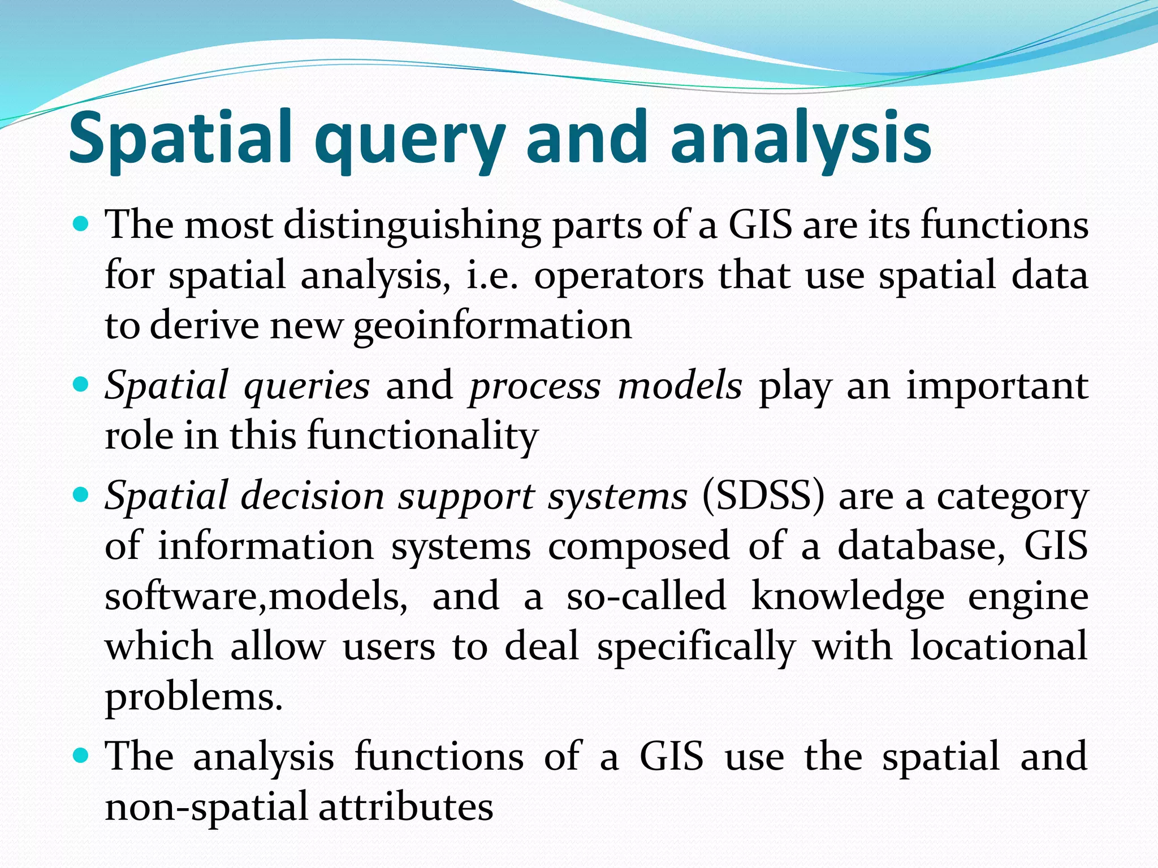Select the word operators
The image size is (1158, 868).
click(x=619, y=276)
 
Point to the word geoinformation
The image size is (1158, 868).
click(x=492, y=327)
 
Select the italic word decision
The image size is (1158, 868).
click(x=313, y=497)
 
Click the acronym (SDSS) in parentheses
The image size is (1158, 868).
click(x=763, y=497)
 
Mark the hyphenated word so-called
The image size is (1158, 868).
click(x=646, y=596)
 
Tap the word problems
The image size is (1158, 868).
click(x=193, y=697)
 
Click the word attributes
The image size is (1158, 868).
click(x=405, y=807)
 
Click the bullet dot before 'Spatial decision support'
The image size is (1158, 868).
click(x=82, y=496)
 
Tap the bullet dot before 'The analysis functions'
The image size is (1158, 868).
click(x=82, y=755)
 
